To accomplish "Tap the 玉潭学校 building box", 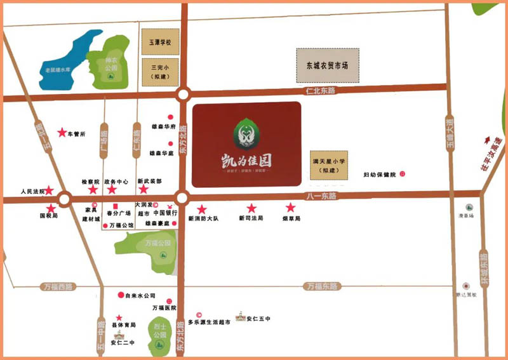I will pyautogui.click(x=160, y=43).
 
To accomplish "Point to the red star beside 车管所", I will pyautogui.click(x=62, y=133).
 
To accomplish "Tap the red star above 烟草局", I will pyautogui.click(x=291, y=208).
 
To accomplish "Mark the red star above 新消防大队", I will pyautogui.click(x=201, y=209).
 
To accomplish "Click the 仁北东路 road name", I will pyautogui.click(x=319, y=91).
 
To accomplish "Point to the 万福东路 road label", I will pyautogui.click(x=319, y=286).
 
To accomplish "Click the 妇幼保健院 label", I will pyautogui.click(x=379, y=175).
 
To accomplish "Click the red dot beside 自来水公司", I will pyautogui.click(x=121, y=295).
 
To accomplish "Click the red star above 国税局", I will pyautogui.click(x=51, y=208).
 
